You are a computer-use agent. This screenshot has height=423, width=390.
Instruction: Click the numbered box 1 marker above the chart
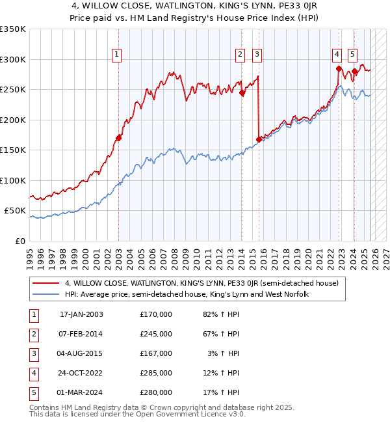(x=116, y=55)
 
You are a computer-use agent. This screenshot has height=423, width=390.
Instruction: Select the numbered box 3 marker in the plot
(x=257, y=55)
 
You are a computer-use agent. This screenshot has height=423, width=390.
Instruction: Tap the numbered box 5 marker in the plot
(x=352, y=55)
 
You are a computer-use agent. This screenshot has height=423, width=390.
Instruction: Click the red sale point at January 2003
(x=118, y=138)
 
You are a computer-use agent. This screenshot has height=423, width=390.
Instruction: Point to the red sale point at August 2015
(x=259, y=139)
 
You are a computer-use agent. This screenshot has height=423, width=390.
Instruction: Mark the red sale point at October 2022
(x=339, y=68)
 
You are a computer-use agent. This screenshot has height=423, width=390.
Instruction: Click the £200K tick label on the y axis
(x=13, y=120)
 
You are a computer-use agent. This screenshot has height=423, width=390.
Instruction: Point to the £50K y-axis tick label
(x=15, y=211)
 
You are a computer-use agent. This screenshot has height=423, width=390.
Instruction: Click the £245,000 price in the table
(x=155, y=334)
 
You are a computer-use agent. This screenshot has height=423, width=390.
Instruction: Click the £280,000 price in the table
(x=155, y=392)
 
